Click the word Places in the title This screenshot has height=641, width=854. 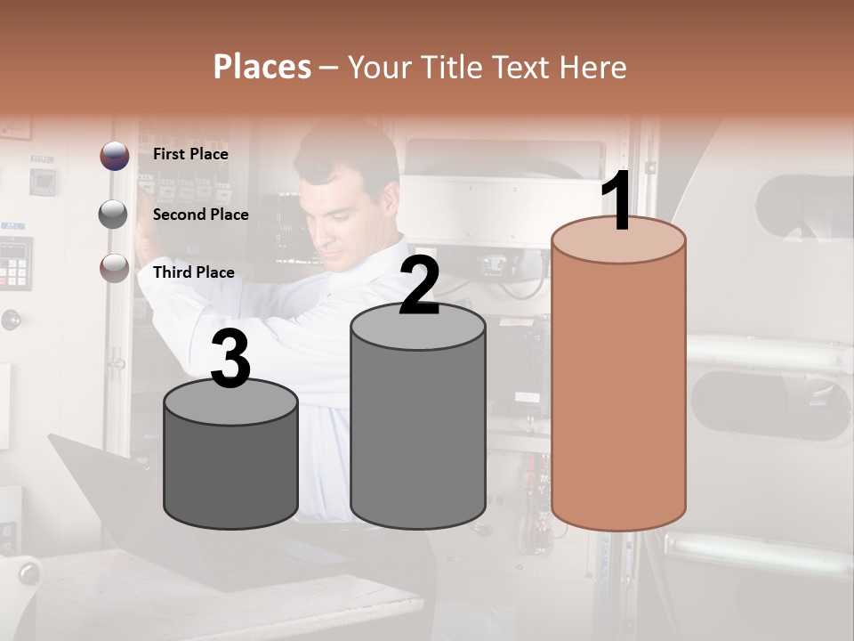click(x=262, y=67)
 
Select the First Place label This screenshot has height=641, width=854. click(x=190, y=154)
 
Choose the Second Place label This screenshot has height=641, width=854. click(x=200, y=215)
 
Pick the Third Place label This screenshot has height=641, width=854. click(x=193, y=272)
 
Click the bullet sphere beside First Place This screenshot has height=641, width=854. click(x=114, y=156)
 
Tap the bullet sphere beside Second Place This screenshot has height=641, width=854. click(x=113, y=215)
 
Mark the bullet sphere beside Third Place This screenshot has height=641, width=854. click(x=114, y=269)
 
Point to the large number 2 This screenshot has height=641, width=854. click(x=419, y=285)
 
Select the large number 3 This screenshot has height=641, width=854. click(x=231, y=359)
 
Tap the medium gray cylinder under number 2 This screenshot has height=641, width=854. click(x=418, y=427)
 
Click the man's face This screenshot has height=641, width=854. click(x=334, y=214)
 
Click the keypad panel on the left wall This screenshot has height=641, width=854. click(x=15, y=263)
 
